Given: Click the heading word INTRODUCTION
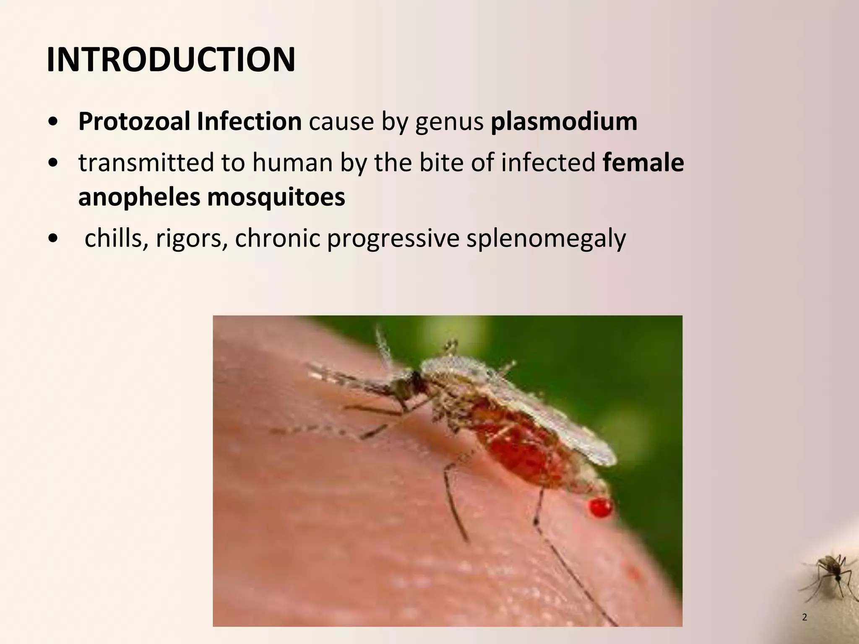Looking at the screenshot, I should (x=171, y=60).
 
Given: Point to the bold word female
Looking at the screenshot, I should (x=643, y=162).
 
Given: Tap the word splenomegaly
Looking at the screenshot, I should (x=546, y=239).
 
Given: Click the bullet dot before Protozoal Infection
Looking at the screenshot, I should (x=53, y=122).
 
